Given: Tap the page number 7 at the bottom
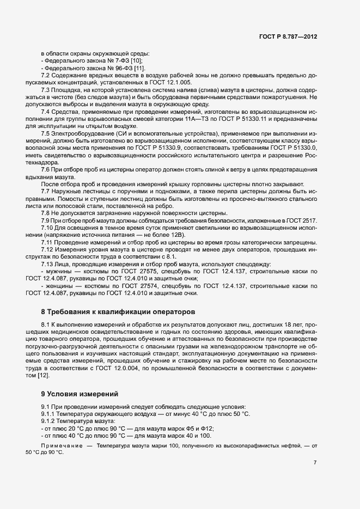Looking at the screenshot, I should (x=315, y=463).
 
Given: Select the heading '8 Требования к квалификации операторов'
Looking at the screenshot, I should (x=117, y=312).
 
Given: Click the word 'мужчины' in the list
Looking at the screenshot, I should (x=62, y=271).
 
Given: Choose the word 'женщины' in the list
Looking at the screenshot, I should (x=62, y=285).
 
